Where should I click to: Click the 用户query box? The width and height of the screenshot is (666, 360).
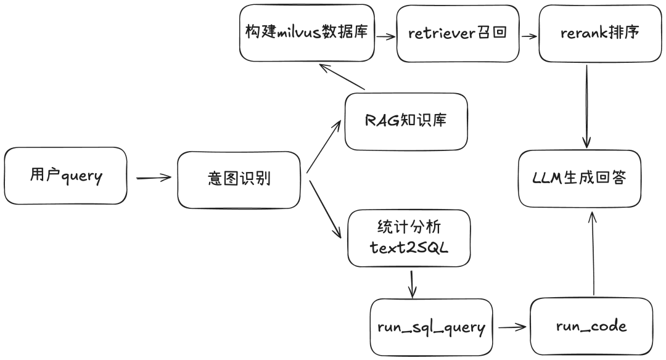pos(65,176)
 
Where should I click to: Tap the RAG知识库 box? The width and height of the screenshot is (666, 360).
pos(405,121)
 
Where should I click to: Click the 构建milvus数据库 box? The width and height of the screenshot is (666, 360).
pos(306,33)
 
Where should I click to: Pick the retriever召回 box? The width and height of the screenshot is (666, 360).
pos(457,33)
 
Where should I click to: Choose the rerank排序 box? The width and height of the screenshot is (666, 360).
pos(595,33)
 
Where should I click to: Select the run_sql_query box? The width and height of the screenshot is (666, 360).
pos(431,327)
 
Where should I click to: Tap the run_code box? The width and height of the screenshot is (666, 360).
pos(591,326)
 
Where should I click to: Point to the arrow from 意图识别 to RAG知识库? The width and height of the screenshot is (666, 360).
pos(323,146)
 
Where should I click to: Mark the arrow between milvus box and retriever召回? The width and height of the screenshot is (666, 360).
pos(385,36)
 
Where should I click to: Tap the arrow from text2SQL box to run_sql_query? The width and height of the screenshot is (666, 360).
pos(411,283)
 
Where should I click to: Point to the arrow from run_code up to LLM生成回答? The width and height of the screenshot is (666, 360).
pos(593,253)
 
